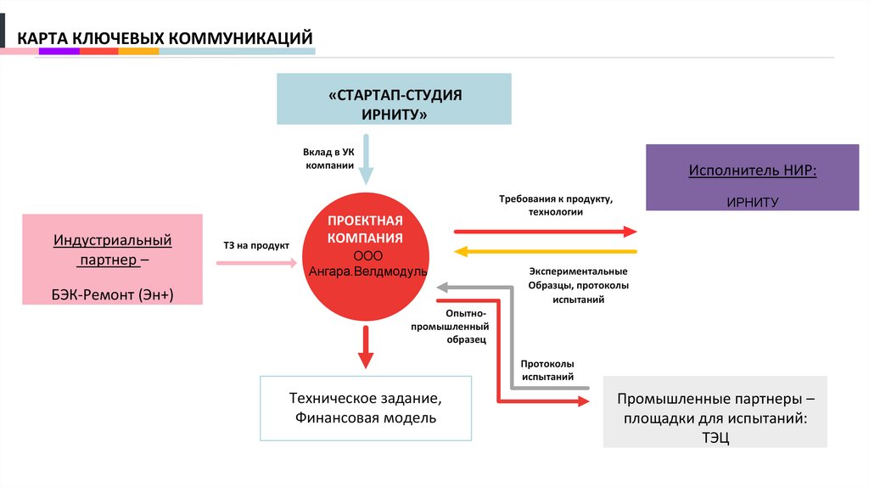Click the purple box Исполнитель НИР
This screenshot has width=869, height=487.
click(753, 177)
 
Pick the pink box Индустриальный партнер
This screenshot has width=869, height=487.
click(113, 259)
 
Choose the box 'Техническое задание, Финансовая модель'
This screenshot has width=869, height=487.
click(366, 407)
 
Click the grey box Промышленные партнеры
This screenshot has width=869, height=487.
click(715, 411)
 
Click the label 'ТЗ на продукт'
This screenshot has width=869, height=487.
click(256, 245)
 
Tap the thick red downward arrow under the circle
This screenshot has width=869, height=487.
click(366, 348)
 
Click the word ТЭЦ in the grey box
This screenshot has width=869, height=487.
click(715, 437)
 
